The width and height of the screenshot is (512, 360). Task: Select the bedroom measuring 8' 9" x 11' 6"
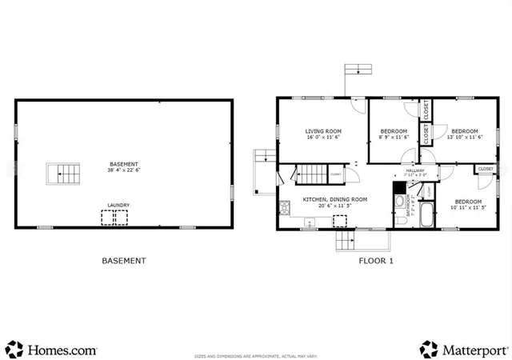point(394,131)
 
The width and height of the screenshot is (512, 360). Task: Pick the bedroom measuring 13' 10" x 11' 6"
point(464,131)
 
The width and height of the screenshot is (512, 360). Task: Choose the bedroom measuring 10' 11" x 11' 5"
point(468,202)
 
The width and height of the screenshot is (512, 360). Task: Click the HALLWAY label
point(416,171)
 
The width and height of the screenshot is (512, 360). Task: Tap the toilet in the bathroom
point(399,200)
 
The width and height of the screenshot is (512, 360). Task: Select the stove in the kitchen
point(285,209)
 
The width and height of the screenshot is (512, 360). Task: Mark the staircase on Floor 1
point(310,173)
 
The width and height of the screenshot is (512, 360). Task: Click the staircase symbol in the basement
point(65,172)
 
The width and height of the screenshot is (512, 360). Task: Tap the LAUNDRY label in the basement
point(119,205)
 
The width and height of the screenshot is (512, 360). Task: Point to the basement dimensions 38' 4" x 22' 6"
point(124,170)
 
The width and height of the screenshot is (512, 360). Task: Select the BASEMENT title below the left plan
point(124,260)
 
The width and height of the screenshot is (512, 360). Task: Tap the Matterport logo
point(464,350)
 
